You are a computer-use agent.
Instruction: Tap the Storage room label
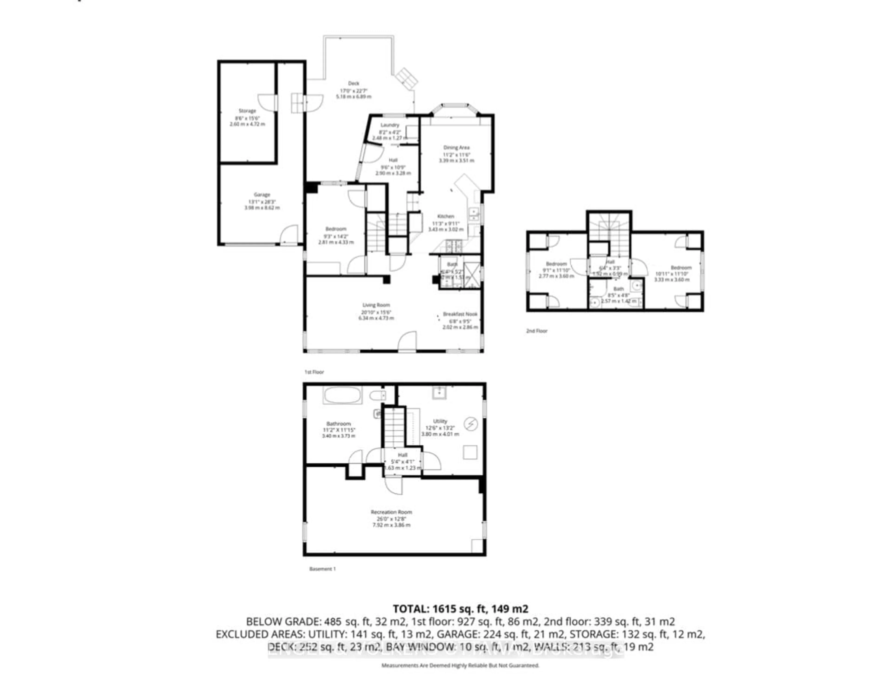click(247, 111)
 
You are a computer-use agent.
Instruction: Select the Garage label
click(262, 195)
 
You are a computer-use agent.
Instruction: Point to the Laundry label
click(390, 125)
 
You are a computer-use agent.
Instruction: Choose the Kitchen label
click(446, 216)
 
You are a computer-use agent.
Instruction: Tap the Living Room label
click(376, 305)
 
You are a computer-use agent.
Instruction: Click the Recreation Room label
click(391, 512)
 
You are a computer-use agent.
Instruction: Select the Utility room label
click(440, 421)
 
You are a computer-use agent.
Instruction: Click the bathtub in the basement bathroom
click(342, 395)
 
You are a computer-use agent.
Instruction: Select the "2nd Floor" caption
click(536, 331)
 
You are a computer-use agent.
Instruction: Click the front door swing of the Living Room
click(408, 341)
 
